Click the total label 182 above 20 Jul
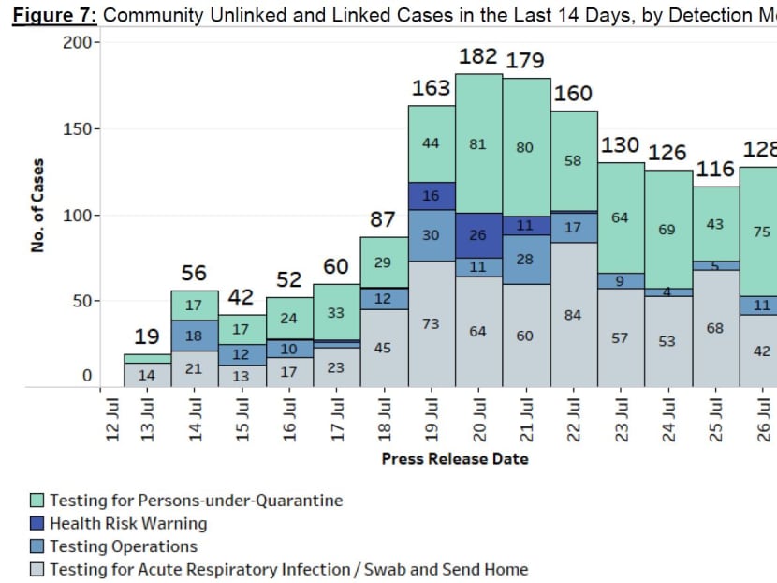[477, 56]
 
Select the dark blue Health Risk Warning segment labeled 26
[478, 235]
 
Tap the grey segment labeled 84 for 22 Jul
[574, 315]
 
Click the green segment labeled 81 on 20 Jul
[478, 144]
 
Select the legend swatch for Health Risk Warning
[37, 524]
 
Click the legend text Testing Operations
[124, 546]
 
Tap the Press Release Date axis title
[455, 458]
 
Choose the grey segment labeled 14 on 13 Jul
[147, 375]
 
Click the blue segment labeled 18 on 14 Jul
[195, 335]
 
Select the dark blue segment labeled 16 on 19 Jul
[432, 196]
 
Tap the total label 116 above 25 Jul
[716, 171]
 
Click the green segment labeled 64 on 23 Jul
[622, 217]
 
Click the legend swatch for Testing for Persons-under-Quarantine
[37, 501]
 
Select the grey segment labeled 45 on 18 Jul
[384, 349]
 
